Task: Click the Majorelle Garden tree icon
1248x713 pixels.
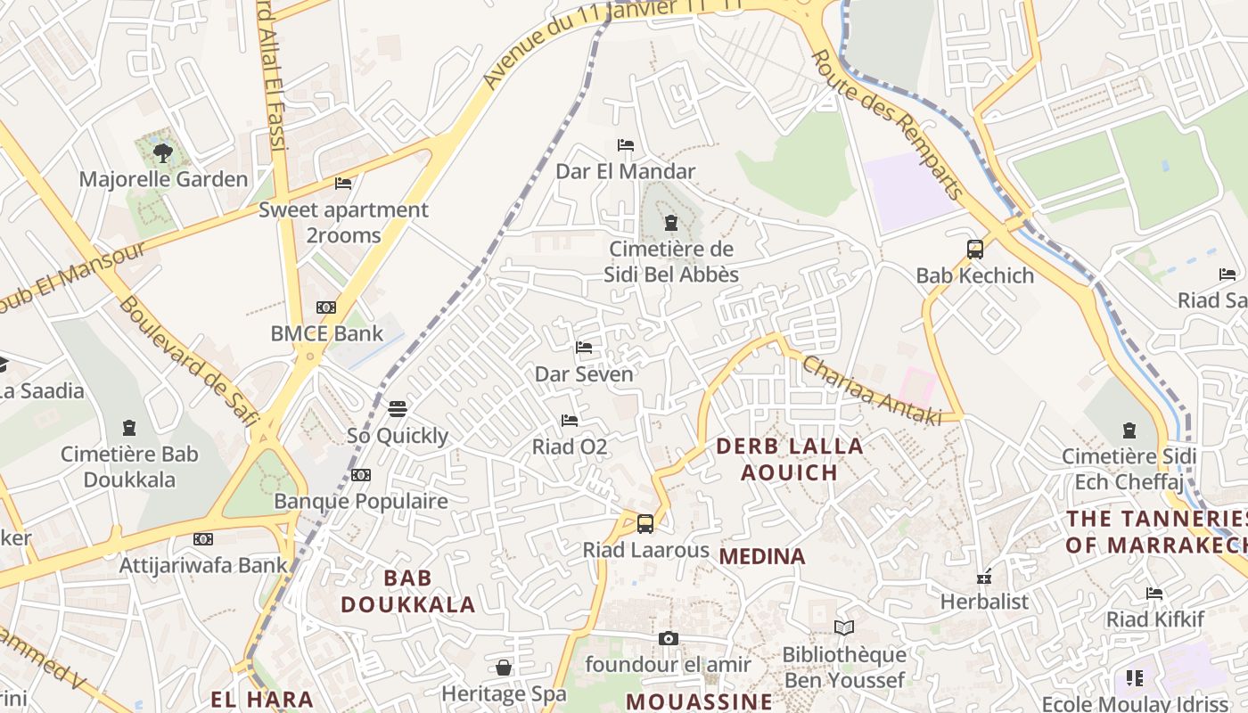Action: pyautogui.click(x=162, y=153)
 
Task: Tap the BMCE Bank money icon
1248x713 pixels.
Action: pyautogui.click(x=326, y=307)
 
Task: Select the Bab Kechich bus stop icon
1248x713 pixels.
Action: pyautogui.click(x=975, y=250)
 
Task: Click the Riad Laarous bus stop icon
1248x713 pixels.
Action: pyautogui.click(x=645, y=524)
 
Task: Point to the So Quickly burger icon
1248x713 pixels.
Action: pyautogui.click(x=398, y=409)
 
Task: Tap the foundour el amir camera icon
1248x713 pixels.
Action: pyautogui.click(x=668, y=638)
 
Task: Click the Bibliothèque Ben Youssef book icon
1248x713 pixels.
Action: pyautogui.click(x=844, y=627)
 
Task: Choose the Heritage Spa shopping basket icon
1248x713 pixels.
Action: pyautogui.click(x=504, y=668)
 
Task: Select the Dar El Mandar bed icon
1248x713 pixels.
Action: pyautogui.click(x=626, y=145)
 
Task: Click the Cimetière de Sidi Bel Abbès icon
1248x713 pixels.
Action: pyautogui.click(x=671, y=223)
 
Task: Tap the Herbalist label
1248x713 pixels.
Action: pyautogui.click(x=984, y=602)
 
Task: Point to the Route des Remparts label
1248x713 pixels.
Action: pyautogui.click(x=888, y=125)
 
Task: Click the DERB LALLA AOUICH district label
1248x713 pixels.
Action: pyautogui.click(x=790, y=459)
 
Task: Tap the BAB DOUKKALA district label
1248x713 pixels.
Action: pyautogui.click(x=407, y=591)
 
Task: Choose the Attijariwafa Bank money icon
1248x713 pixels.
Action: pyautogui.click(x=203, y=538)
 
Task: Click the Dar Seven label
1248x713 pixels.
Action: pyautogui.click(x=584, y=374)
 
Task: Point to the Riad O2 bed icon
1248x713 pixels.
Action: pyautogui.click(x=570, y=420)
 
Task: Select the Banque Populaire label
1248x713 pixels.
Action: pyautogui.click(x=360, y=501)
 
